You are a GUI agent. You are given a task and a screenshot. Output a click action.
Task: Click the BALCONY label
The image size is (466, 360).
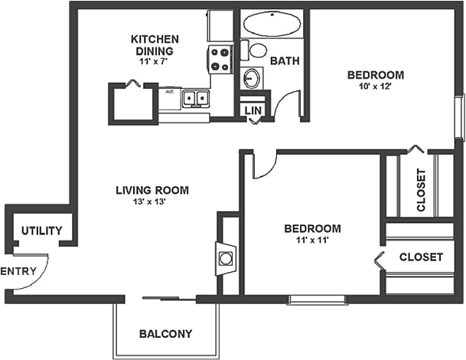tap(165, 334)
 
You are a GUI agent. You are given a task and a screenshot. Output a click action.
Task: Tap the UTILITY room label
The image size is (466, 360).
tap(41, 231)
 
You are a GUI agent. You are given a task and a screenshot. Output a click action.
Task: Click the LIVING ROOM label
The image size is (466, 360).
tap(152, 191)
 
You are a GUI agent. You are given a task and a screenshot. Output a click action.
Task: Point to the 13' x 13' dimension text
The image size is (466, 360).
tap(152, 203)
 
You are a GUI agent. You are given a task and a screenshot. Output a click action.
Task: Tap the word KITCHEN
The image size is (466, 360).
tap(155, 39)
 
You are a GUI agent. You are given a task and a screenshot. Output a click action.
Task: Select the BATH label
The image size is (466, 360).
tap(284, 61)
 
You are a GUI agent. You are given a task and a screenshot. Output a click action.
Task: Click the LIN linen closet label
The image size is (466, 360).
tap(253, 111)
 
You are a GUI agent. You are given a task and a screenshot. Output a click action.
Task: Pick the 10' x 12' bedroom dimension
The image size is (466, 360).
tap(375, 87)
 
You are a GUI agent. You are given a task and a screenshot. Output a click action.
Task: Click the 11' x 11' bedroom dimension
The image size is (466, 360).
tap(311, 241)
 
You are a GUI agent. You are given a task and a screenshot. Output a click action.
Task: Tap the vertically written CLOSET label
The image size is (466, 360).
tap(420, 189)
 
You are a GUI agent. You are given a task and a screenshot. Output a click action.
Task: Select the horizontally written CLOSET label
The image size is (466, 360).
tap(421, 257)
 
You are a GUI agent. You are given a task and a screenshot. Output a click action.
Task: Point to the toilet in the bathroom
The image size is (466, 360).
tap(257, 51)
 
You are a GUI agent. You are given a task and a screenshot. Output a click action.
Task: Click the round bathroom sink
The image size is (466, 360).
tap(252, 77)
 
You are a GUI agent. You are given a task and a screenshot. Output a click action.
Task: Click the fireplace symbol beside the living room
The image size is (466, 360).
tap(226, 258)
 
